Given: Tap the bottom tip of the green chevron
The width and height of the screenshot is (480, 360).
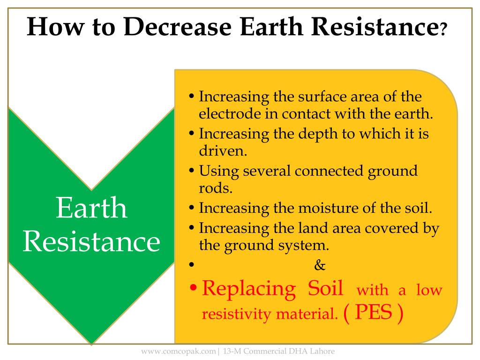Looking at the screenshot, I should pyautogui.click(x=91, y=341).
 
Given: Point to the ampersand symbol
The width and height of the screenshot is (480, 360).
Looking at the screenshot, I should pyautogui.click(x=320, y=266).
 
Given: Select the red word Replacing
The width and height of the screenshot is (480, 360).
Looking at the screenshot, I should pyautogui.click(x=249, y=289).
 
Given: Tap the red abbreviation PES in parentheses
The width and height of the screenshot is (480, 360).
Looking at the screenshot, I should pyautogui.click(x=373, y=312).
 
